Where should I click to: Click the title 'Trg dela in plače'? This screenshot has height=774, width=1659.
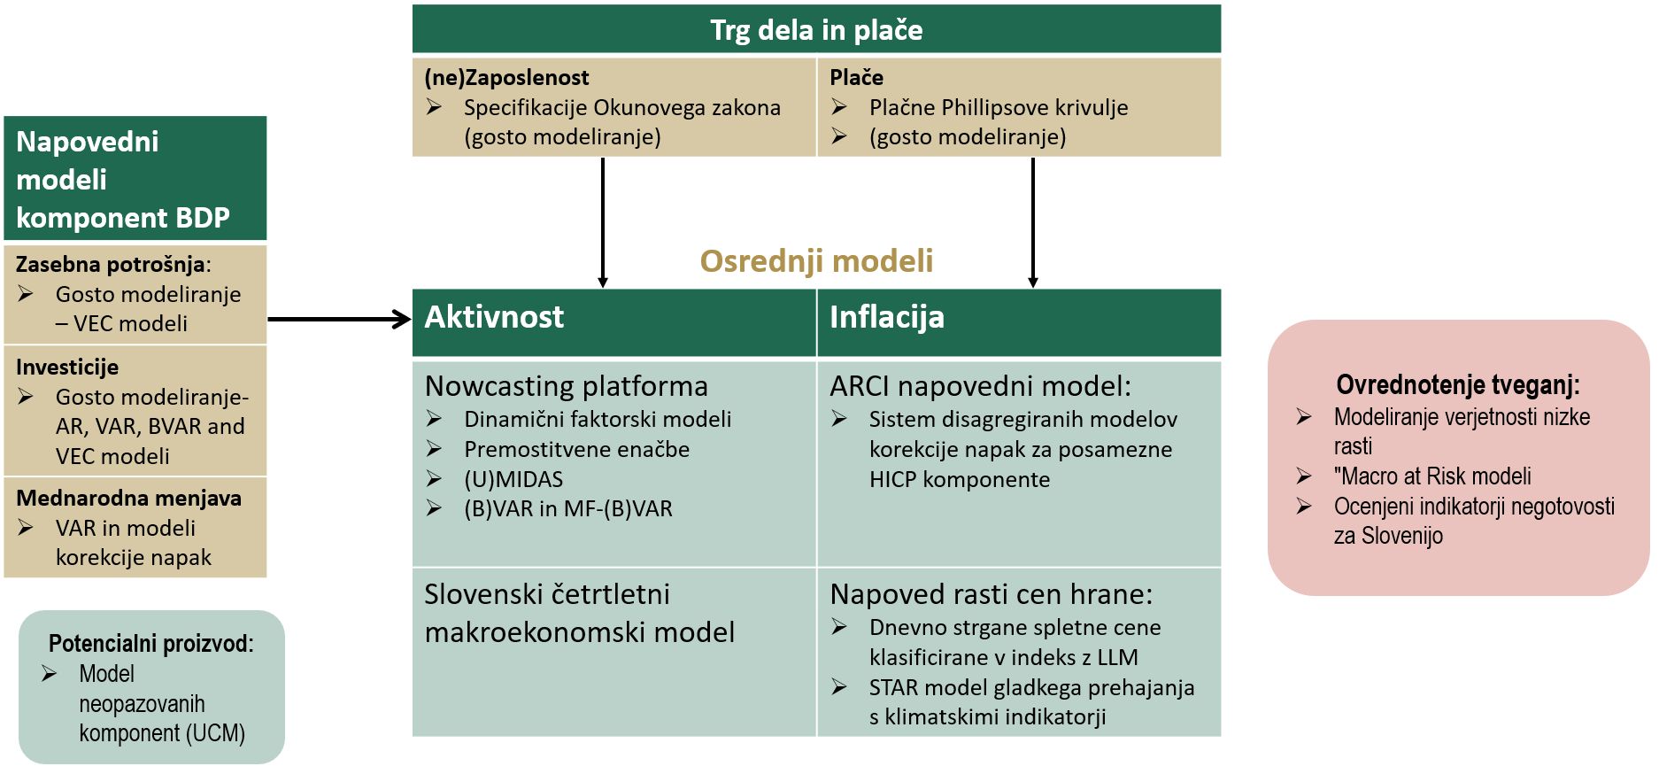tap(816, 30)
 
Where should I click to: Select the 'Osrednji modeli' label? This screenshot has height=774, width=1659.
tap(816, 261)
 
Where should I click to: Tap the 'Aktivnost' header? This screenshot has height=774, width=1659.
tap(494, 317)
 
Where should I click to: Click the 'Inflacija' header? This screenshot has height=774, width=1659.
tap(887, 317)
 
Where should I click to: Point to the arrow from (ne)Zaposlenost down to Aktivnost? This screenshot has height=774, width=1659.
tap(603, 222)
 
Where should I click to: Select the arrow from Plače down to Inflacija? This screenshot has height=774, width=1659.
tap(1032, 222)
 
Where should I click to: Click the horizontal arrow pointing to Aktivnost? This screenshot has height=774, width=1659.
tap(340, 320)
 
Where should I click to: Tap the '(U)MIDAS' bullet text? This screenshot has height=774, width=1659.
tap(513, 479)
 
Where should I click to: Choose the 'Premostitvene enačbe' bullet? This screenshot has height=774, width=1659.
tap(576, 449)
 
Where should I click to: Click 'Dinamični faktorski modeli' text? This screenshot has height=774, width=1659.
tap(598, 419)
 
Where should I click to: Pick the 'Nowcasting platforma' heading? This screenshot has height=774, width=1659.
tap(567, 386)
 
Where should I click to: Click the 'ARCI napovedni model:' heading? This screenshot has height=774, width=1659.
tap(980, 386)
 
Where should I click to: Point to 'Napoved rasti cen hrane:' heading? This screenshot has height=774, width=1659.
tap(992, 594)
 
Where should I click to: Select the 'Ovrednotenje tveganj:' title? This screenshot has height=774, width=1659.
tap(1458, 384)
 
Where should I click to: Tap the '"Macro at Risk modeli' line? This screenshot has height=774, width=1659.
tap(1432, 476)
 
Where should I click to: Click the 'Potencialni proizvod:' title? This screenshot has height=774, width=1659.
tap(151, 644)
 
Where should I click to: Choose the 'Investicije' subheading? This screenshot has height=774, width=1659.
tap(67, 367)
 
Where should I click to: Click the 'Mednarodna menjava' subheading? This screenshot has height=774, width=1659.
tap(128, 498)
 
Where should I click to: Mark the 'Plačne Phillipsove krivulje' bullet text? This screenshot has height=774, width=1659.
tap(999, 107)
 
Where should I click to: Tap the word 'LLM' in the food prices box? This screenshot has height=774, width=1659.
tap(1117, 657)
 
